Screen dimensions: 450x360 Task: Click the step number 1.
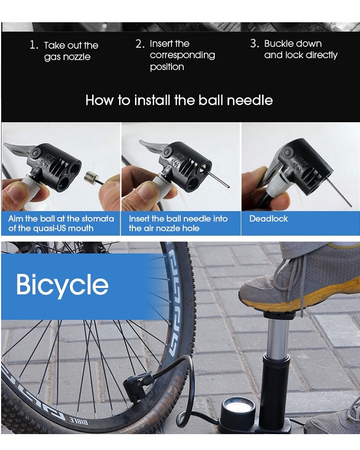pos(33,45)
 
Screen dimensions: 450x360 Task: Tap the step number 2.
pos(140,44)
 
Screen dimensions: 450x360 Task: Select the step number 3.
pos(254,43)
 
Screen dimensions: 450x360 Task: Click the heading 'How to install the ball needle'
pos(179,100)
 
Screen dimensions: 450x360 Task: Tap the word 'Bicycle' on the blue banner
pos(62,285)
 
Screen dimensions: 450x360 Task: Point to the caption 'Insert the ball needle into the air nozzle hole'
pos(178,223)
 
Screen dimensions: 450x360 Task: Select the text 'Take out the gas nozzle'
pos(71,51)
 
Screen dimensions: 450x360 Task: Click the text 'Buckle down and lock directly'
pos(300,49)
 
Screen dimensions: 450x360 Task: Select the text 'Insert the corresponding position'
pos(182,55)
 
